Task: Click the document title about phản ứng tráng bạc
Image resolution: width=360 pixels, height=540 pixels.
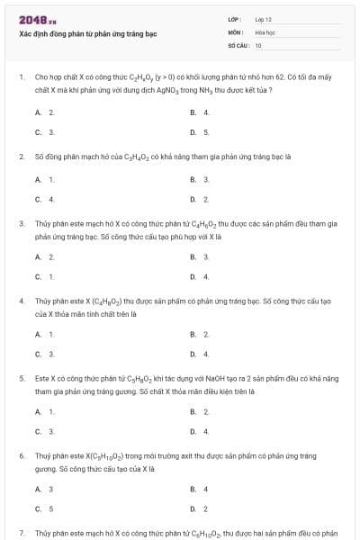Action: (x=88, y=33)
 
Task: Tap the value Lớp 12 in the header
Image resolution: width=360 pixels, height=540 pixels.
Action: (x=264, y=19)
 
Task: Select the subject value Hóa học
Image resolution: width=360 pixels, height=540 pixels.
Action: (x=265, y=31)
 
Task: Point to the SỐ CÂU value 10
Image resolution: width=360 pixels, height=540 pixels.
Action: (x=258, y=44)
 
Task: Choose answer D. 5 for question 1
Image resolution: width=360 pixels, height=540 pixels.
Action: (x=200, y=132)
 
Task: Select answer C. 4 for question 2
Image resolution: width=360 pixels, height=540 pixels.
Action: (x=45, y=199)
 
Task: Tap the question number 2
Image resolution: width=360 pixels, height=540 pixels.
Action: (x=21, y=156)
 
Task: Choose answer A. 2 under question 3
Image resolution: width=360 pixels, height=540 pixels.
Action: (x=45, y=256)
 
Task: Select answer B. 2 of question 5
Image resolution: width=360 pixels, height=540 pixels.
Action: (x=200, y=411)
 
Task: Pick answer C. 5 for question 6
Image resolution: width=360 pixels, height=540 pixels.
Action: (x=45, y=508)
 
